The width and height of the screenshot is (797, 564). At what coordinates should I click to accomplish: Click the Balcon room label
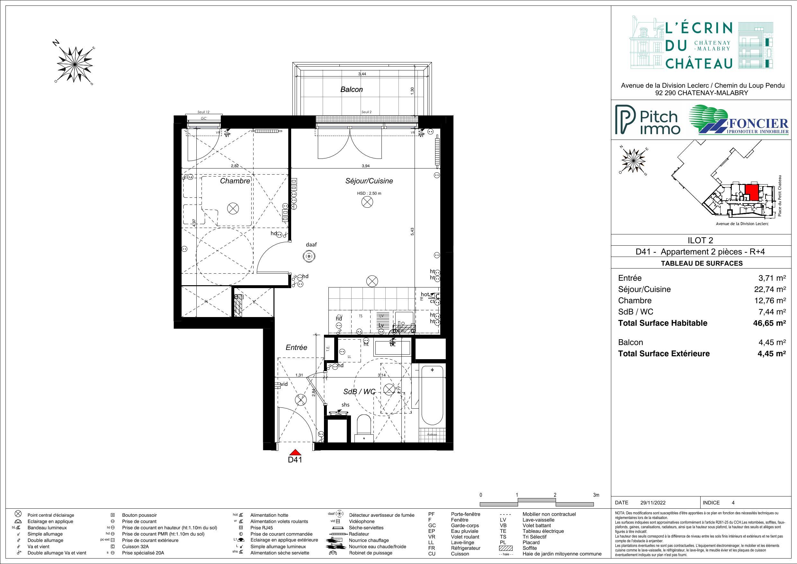point(351,90)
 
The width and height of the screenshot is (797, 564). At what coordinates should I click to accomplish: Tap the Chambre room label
point(235,181)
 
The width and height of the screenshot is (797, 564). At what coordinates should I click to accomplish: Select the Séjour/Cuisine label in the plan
point(369,181)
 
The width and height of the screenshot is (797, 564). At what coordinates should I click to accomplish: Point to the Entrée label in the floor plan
point(296,347)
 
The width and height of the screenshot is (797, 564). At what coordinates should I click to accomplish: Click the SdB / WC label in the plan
point(359,391)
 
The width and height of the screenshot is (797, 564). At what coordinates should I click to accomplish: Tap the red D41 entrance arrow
point(295,452)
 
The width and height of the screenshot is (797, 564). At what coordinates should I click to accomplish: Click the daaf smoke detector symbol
point(309,256)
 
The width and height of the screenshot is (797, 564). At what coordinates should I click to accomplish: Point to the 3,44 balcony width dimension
point(362,74)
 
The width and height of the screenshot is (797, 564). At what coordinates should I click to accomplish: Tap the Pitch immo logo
point(648,120)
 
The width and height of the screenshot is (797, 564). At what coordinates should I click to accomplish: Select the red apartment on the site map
point(751,191)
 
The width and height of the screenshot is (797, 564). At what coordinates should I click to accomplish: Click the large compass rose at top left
point(75,64)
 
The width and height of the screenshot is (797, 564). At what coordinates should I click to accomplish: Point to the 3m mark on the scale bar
point(596,495)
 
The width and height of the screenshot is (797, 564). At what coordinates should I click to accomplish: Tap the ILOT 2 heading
point(700,240)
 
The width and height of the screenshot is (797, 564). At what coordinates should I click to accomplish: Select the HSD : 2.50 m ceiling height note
point(369,193)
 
